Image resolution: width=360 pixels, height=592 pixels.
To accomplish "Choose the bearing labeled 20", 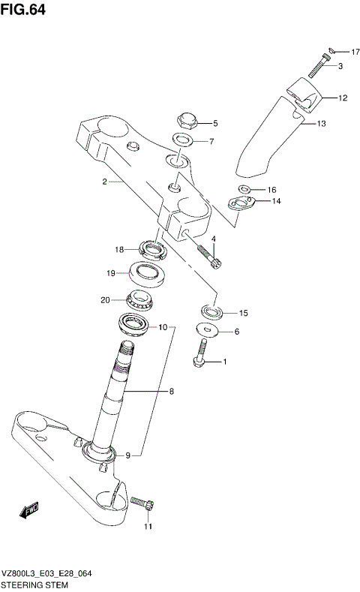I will point(140,301).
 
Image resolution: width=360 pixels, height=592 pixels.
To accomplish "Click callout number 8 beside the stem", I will point(172,392).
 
